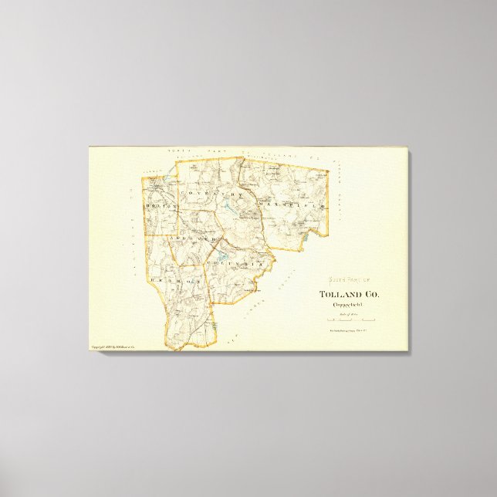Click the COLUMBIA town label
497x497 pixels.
(238, 263)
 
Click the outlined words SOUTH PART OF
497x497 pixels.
(349, 281)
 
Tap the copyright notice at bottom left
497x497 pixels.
(113, 347)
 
